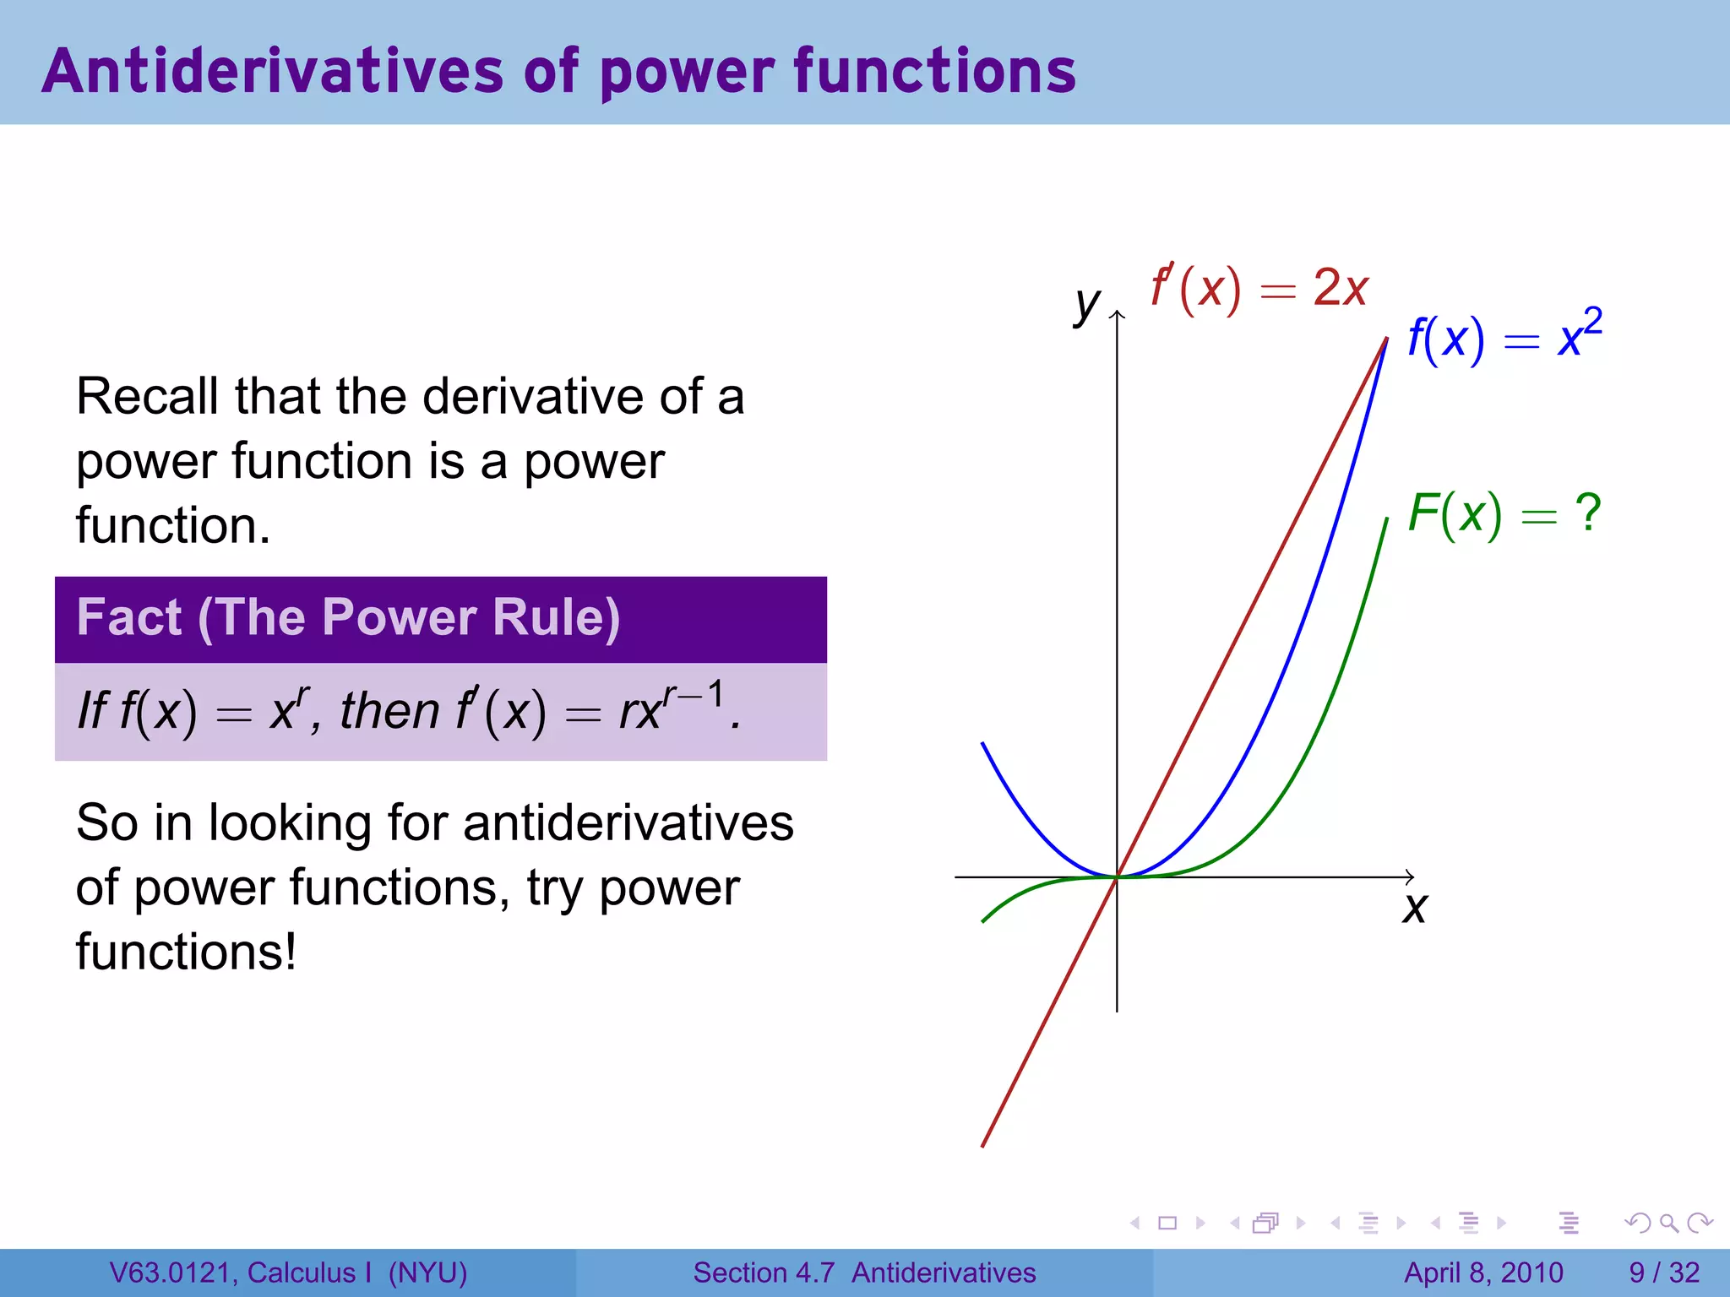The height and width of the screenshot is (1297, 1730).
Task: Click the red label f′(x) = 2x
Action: coord(1259,289)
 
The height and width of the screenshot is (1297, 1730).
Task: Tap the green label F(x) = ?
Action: coord(1504,513)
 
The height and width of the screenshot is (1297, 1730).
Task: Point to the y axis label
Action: coord(1087,304)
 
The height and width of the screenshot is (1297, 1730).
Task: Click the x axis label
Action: coord(1415,909)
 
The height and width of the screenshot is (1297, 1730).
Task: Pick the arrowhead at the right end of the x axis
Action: coord(1409,877)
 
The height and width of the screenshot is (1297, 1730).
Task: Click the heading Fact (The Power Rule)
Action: coord(348,617)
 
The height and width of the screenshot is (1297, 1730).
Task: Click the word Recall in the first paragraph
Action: coord(148,397)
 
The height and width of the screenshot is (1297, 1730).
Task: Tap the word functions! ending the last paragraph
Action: coord(186,952)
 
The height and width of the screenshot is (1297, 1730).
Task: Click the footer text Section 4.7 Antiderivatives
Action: coord(864,1273)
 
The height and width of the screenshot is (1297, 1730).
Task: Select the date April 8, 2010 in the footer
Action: coord(1483,1273)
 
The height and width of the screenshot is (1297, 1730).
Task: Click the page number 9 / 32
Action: coord(1664,1273)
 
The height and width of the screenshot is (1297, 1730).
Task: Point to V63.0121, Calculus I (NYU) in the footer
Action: coord(288,1273)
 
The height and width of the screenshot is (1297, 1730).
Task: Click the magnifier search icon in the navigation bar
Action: coord(1669,1223)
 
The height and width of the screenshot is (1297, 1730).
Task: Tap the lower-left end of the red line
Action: coord(983,1145)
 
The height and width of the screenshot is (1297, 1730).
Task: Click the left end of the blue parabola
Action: coord(982,744)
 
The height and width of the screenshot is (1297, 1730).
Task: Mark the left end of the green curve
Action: coord(983,920)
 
